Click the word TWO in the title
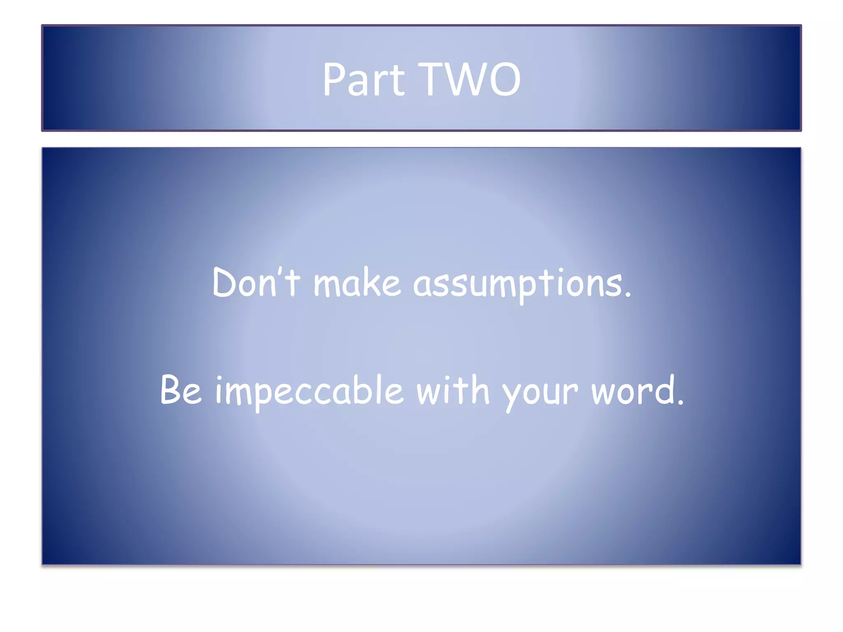coord(472,79)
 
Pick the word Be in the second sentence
coord(181,389)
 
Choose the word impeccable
coord(309,391)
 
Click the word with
coord(453,389)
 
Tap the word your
coord(540,393)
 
